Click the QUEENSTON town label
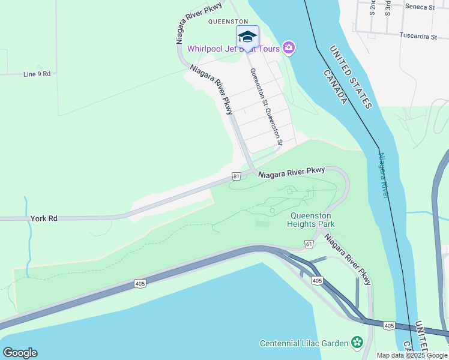[228, 22]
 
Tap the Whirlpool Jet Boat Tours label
[234, 49]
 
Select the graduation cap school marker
[247, 37]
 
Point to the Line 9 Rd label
[37, 74]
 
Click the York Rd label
[44, 219]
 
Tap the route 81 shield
[237, 176]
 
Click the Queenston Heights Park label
[313, 220]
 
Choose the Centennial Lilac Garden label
[304, 343]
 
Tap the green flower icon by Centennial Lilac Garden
[358, 343]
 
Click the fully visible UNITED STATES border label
[351, 77]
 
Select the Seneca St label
[420, 7]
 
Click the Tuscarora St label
[418, 37]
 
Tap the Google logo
[20, 353]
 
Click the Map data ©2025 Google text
[412, 355]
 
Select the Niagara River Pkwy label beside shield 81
[292, 173]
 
